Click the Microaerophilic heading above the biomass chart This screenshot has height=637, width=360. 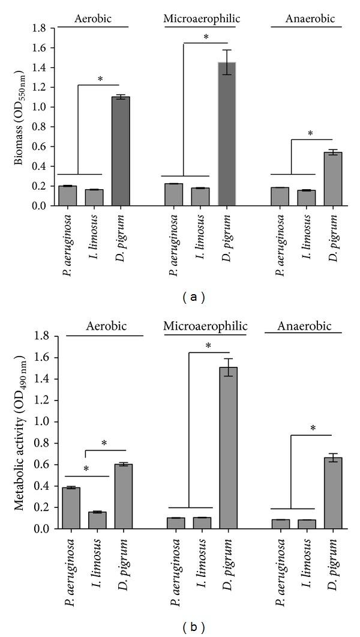click(202, 19)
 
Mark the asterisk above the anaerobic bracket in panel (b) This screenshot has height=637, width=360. click(311, 429)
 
